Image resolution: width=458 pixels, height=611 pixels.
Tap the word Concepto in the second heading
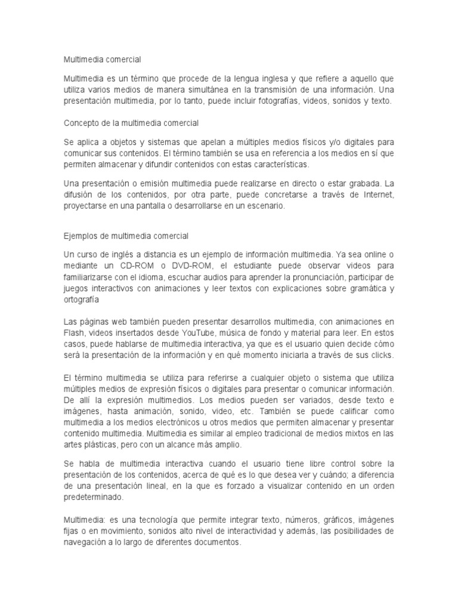coord(81,123)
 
